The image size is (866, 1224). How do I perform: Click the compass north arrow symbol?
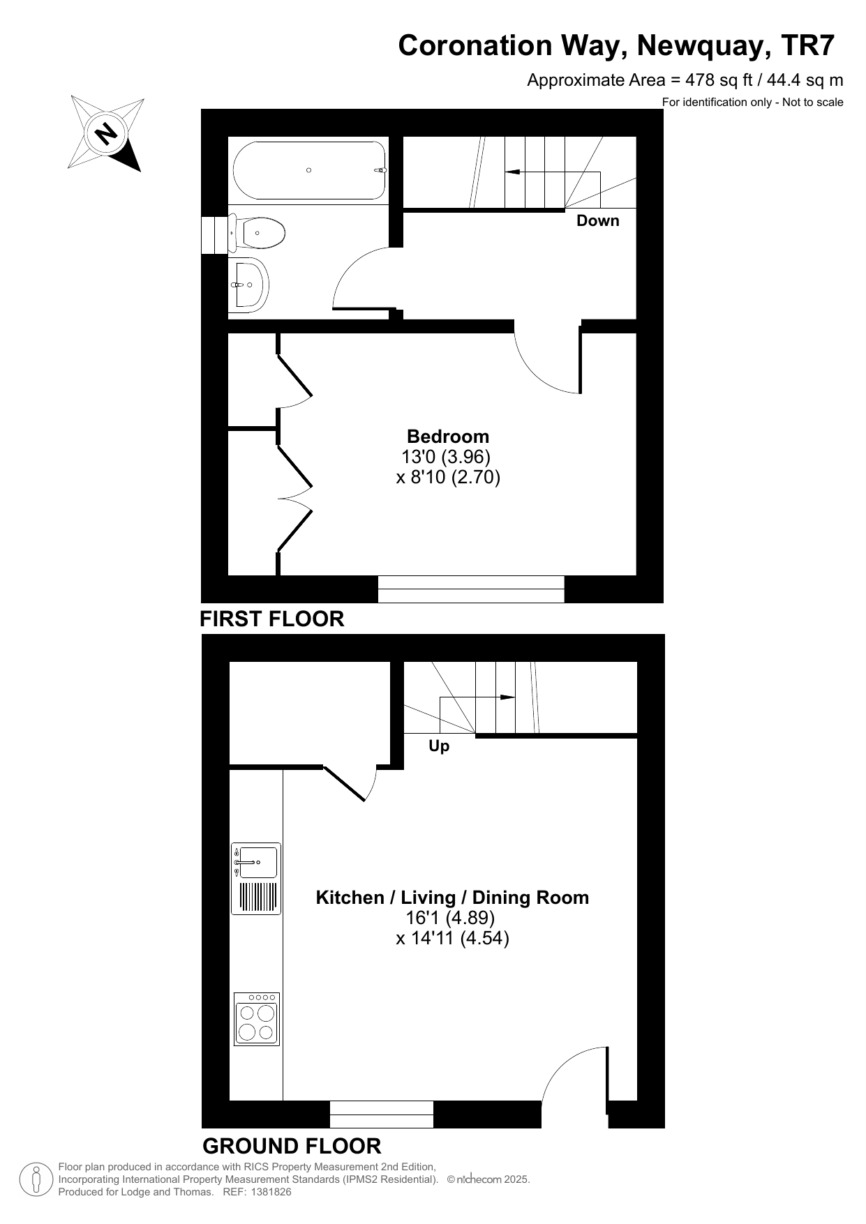click(x=107, y=133)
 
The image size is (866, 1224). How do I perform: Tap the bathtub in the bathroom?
click(x=310, y=170)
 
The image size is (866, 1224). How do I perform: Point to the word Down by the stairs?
click(x=597, y=220)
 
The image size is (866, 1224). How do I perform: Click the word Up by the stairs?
click(x=439, y=746)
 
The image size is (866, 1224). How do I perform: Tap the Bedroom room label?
click(x=448, y=437)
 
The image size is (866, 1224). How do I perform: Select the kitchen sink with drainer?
click(x=256, y=879)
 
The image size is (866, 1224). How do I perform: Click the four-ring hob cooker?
click(x=257, y=1019)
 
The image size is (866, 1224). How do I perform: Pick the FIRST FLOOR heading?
click(x=272, y=619)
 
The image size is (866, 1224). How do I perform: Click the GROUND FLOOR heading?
click(x=292, y=1146)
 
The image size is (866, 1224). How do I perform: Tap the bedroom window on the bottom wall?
click(x=471, y=589)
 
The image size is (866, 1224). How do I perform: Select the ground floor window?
click(x=382, y=1114)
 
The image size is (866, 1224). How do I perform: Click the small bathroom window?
click(x=215, y=234)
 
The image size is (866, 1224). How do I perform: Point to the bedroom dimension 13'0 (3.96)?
click(x=447, y=457)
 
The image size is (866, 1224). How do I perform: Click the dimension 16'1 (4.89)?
click(x=450, y=917)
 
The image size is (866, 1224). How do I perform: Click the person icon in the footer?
click(x=36, y=1179)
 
